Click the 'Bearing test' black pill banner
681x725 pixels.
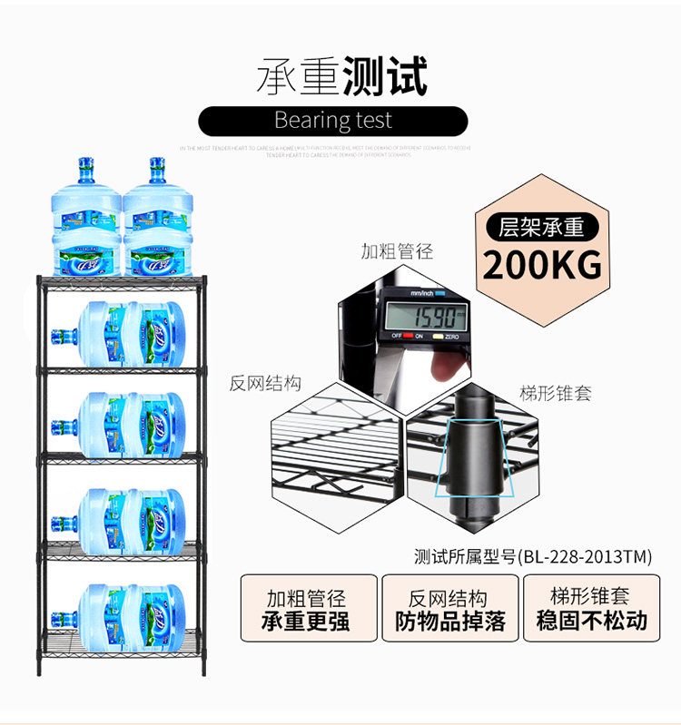pos(333,121)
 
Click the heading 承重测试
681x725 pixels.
pos(340,76)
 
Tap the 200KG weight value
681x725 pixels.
pos(541,265)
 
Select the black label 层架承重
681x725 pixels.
pos(541,227)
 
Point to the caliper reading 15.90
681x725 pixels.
pos(423,317)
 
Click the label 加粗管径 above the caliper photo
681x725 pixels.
pos(397,251)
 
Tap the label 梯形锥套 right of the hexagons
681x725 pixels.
pos(555,394)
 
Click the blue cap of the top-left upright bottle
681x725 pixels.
pos(86,166)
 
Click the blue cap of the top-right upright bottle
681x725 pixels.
pos(158,166)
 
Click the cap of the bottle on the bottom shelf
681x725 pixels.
pos(60,620)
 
